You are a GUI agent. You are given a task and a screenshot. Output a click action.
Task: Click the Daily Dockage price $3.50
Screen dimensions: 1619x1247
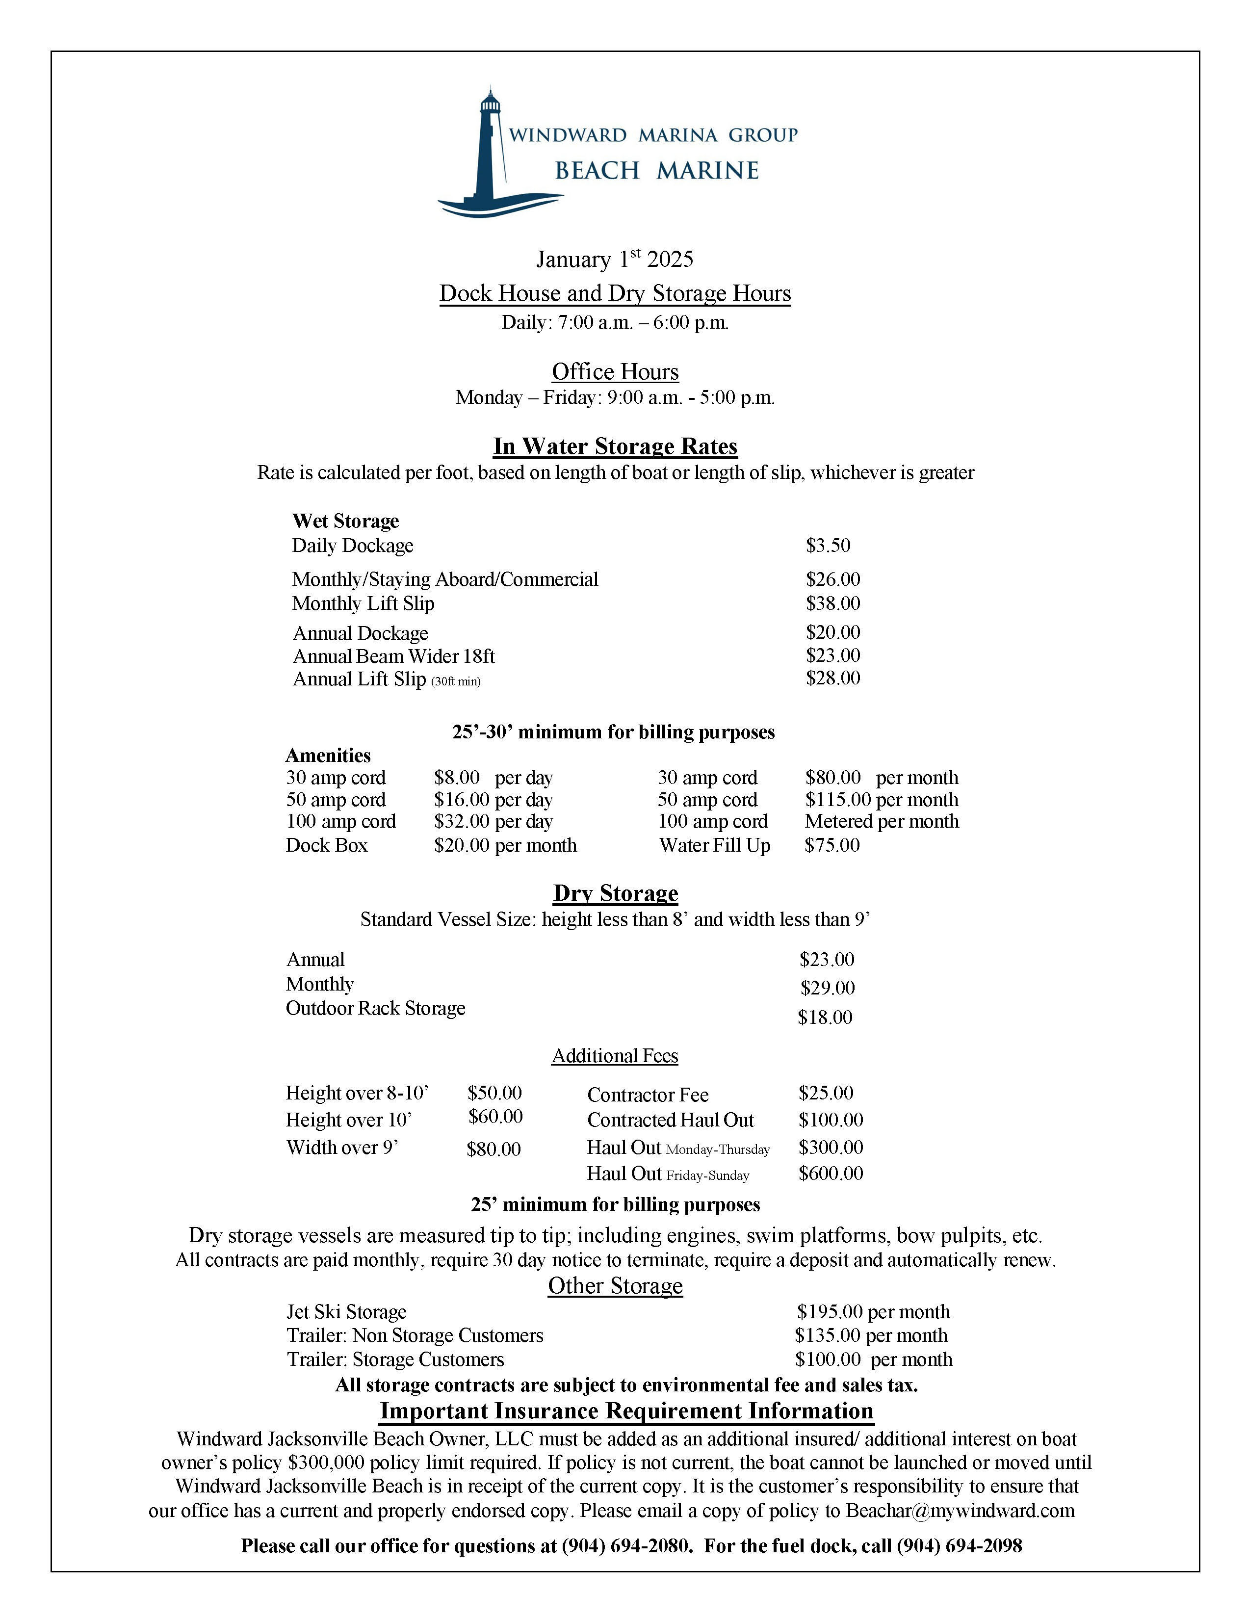coord(828,546)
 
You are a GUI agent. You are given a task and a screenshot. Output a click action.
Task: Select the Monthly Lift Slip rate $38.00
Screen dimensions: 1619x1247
coord(832,603)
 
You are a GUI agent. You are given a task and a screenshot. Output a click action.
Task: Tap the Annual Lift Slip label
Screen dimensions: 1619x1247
coord(360,679)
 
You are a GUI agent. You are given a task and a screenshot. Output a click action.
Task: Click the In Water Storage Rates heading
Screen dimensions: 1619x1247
coord(615,446)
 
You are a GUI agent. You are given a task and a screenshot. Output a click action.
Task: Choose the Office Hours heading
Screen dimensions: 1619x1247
coord(615,371)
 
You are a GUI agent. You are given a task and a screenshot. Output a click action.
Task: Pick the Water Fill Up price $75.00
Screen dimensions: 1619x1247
coord(832,845)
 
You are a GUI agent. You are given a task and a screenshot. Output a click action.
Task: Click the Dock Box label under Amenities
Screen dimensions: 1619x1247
coord(326,845)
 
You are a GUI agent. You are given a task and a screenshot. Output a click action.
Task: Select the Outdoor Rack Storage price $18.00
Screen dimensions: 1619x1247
coord(825,1017)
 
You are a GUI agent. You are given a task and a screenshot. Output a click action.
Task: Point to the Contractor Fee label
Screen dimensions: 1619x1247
coord(647,1095)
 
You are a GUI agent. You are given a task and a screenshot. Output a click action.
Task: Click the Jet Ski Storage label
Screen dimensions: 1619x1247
coord(346,1311)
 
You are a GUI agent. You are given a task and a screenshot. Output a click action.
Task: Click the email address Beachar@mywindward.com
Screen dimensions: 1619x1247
coord(960,1510)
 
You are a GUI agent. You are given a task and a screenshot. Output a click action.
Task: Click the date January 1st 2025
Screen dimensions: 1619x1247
coord(615,259)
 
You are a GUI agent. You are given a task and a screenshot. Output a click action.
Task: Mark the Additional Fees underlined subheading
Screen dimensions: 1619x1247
coord(615,1056)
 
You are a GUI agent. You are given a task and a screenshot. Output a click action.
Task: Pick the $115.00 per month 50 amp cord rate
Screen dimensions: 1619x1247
coord(881,800)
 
